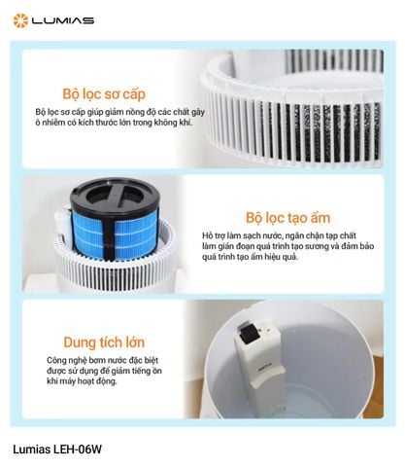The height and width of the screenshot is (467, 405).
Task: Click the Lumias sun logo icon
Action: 18,18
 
